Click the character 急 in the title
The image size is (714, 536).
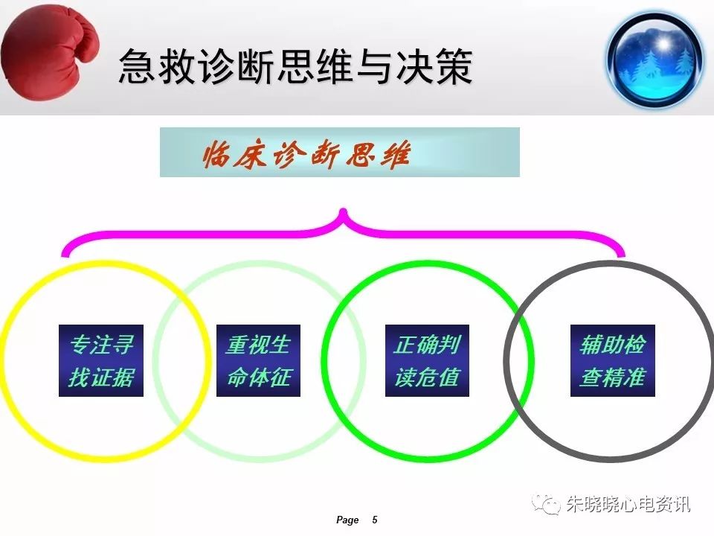click(135, 67)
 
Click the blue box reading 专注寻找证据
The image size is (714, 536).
click(101, 360)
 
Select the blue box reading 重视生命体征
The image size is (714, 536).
click(258, 360)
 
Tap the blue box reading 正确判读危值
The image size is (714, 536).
click(427, 360)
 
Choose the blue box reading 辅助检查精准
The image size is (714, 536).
click(612, 360)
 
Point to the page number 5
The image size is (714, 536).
click(375, 520)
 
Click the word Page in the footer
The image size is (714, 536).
click(347, 520)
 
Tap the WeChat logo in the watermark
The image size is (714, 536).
click(547, 504)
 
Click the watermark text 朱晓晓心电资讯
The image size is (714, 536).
click(628, 504)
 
